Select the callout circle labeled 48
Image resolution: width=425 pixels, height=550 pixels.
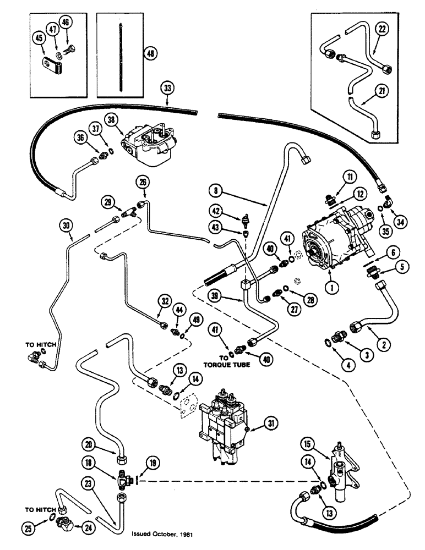coord(150,53)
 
